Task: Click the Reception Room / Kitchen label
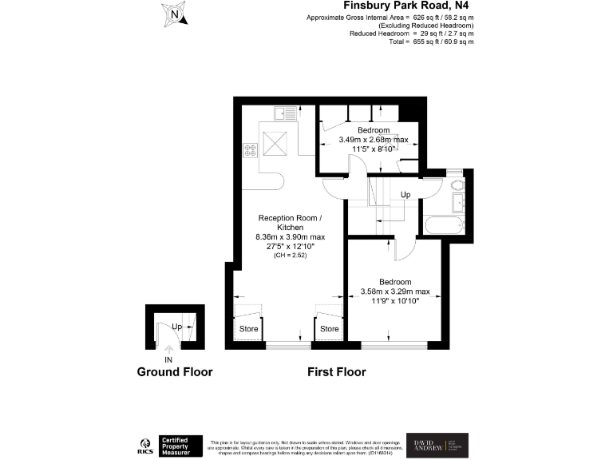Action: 291,223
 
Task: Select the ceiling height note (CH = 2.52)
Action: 291,256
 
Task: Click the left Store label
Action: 250,329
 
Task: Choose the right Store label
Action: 330,329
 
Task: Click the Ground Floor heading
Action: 175,372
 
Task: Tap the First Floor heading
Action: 337,372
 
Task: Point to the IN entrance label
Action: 168,360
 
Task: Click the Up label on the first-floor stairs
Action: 405,195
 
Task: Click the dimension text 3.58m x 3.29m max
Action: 395,291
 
